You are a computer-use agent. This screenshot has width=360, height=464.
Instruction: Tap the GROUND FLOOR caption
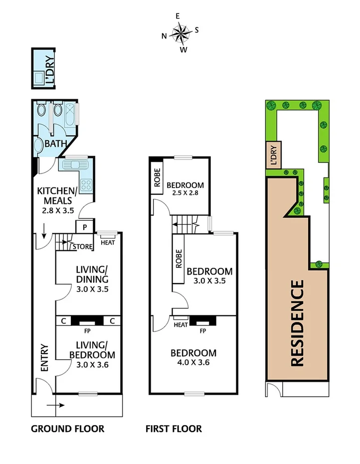pyautogui.click(x=68, y=429)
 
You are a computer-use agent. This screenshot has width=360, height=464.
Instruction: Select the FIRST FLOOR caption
pyautogui.click(x=174, y=429)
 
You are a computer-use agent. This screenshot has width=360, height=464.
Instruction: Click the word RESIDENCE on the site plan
pyautogui.click(x=297, y=323)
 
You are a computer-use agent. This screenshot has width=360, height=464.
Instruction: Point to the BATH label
pyautogui.click(x=55, y=144)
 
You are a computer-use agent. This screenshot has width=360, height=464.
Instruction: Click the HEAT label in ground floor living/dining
pyautogui.click(x=107, y=242)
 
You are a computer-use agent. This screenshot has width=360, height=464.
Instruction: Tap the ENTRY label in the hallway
pyautogui.click(x=43, y=357)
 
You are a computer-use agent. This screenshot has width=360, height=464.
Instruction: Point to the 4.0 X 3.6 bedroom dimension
pyautogui.click(x=193, y=362)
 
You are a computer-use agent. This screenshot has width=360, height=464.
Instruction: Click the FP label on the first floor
pyautogui.click(x=203, y=330)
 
